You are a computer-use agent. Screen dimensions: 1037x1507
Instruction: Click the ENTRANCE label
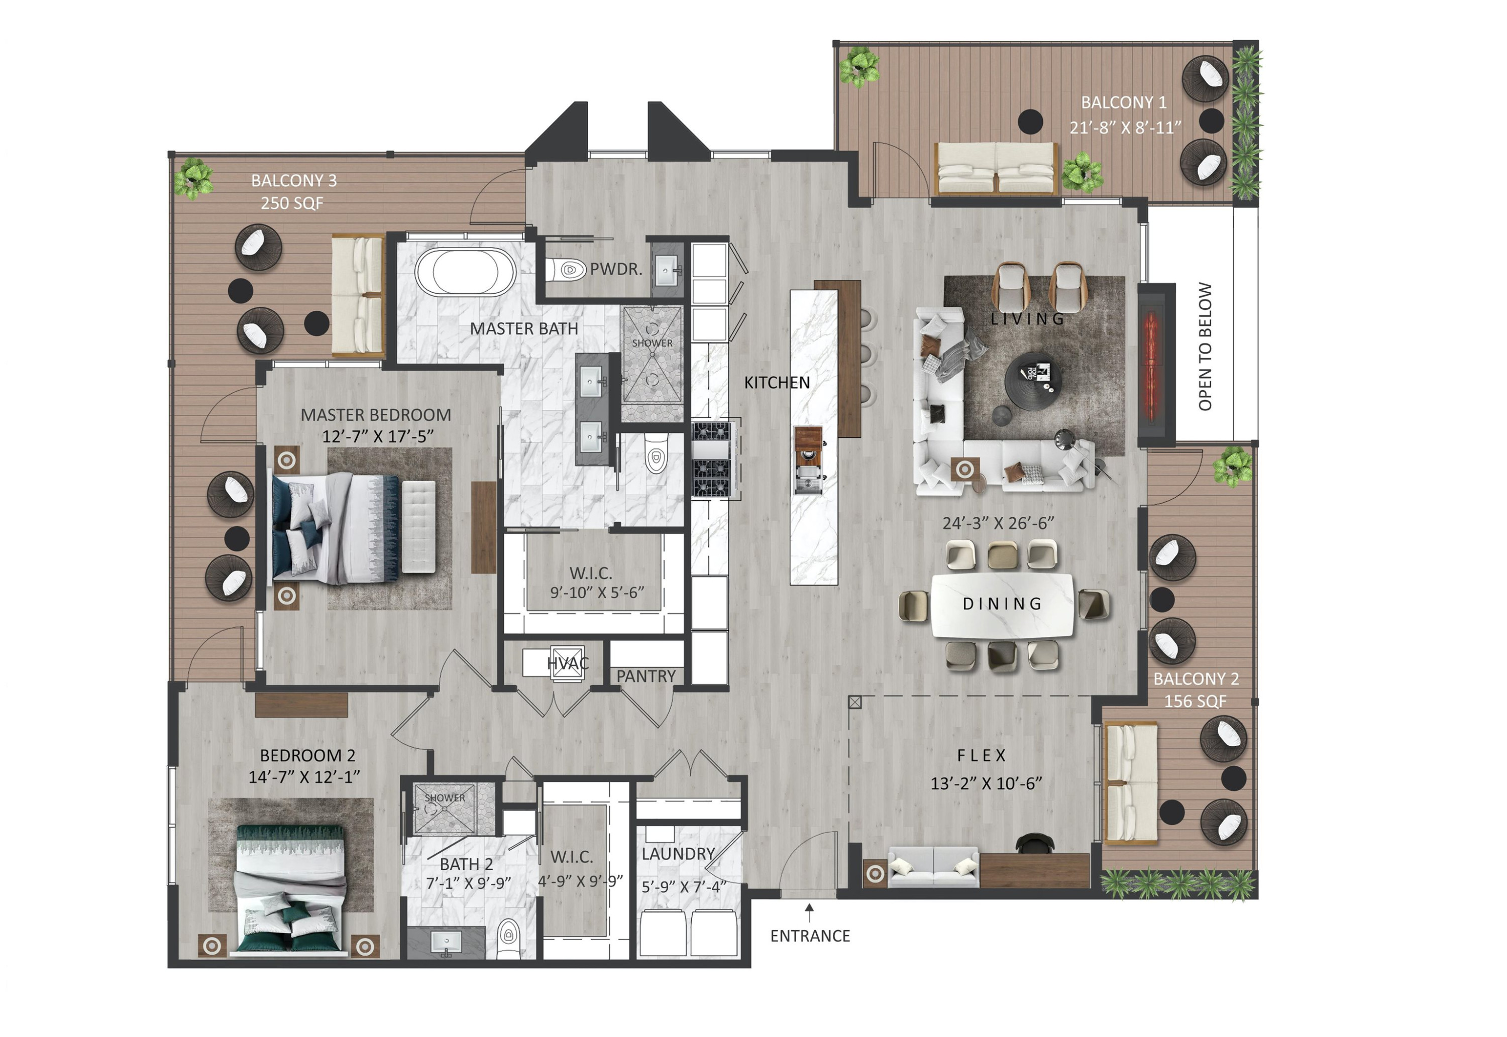(x=810, y=936)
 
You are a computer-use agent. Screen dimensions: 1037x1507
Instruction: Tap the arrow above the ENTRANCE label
(x=809, y=912)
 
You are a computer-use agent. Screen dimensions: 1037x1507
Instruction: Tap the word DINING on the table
(x=1002, y=604)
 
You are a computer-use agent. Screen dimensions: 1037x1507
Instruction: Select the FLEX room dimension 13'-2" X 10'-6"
(x=986, y=783)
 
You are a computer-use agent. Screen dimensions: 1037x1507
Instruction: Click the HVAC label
(x=567, y=663)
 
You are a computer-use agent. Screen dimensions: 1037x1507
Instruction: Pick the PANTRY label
(x=646, y=676)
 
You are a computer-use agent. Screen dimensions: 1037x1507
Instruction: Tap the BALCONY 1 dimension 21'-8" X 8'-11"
(x=1125, y=128)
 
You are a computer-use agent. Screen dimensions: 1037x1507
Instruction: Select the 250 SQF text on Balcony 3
(x=292, y=203)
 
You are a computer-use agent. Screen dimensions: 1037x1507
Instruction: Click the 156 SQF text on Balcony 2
(x=1195, y=702)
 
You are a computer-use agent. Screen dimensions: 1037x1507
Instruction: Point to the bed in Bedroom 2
(x=290, y=890)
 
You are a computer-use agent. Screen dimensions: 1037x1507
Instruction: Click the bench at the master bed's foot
(x=418, y=526)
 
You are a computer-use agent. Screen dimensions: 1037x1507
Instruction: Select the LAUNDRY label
(x=678, y=854)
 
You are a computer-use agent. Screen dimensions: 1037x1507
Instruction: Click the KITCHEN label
(x=777, y=383)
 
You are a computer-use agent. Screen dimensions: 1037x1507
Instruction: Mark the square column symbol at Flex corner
(x=854, y=703)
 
